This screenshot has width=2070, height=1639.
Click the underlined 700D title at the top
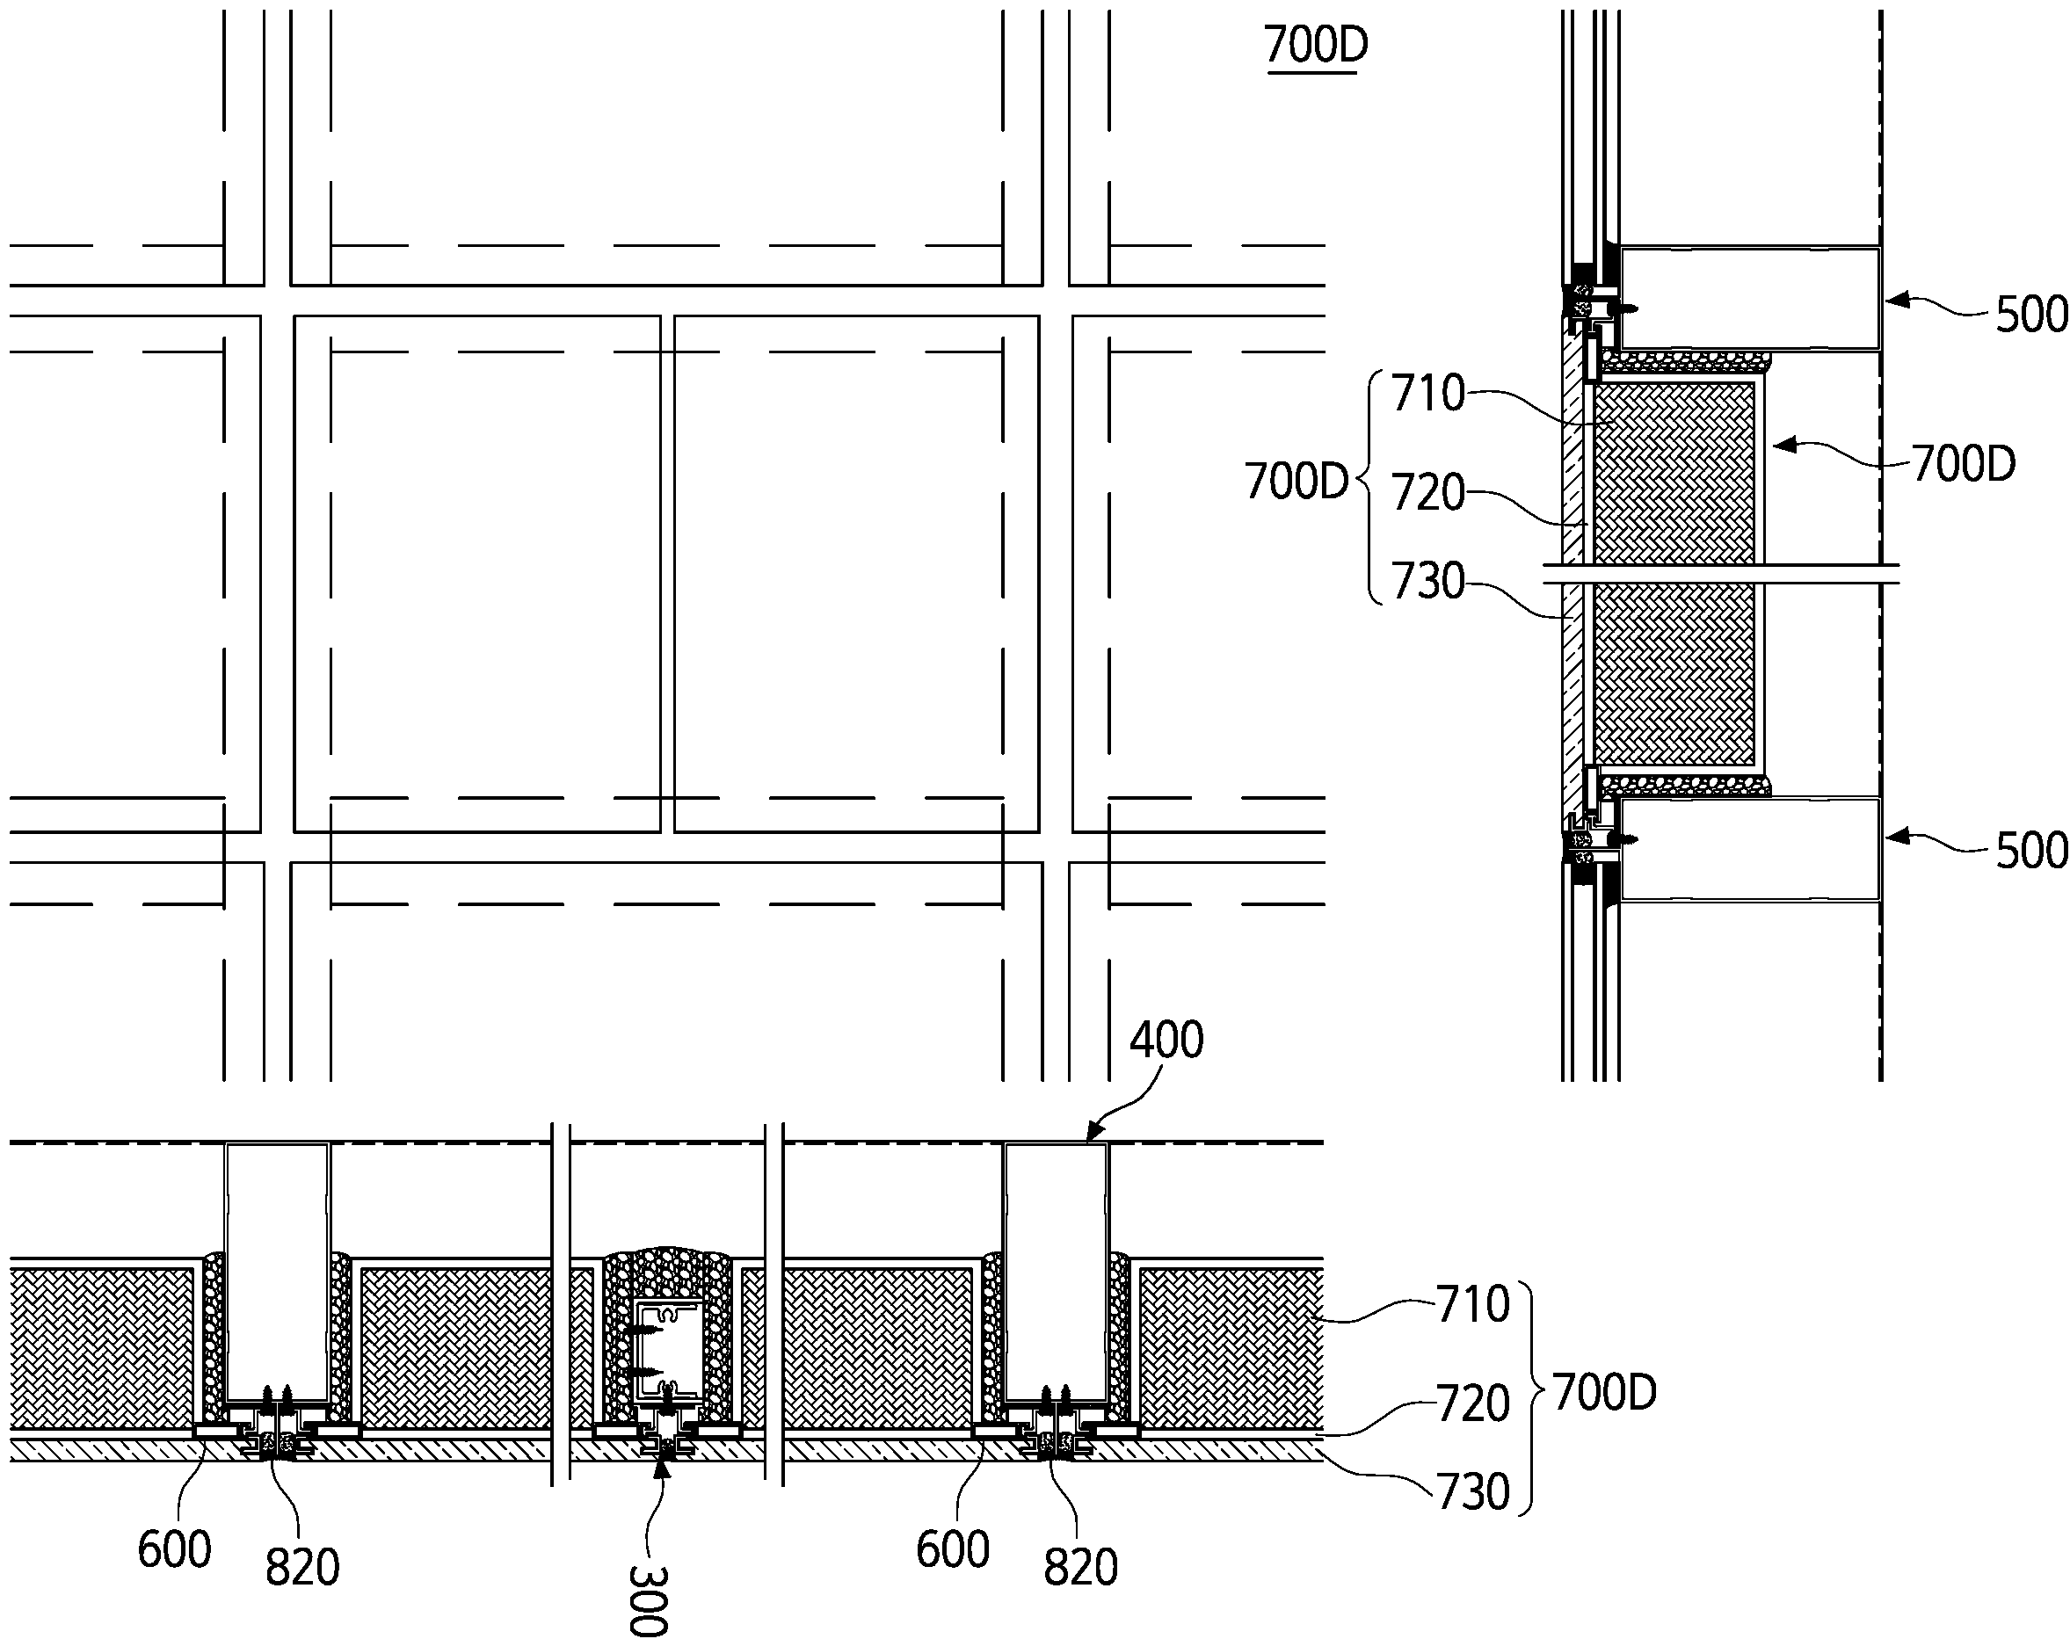pyautogui.click(x=1316, y=45)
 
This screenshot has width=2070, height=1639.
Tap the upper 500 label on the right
pyautogui.click(x=2030, y=315)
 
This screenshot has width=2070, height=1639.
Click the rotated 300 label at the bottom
pyautogui.click(x=649, y=1599)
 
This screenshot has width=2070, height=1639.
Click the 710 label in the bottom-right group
pyautogui.click(x=1473, y=1304)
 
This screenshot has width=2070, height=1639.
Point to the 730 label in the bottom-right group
pyautogui.click(x=1473, y=1492)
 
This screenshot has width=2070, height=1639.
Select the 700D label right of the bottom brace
pyautogui.click(x=1604, y=1393)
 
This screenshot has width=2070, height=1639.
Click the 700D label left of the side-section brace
pyautogui.click(x=1296, y=482)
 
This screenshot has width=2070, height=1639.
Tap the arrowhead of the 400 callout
pyautogui.click(x=1090, y=1139)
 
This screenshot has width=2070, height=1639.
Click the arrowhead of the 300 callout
pyautogui.click(x=660, y=1461)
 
